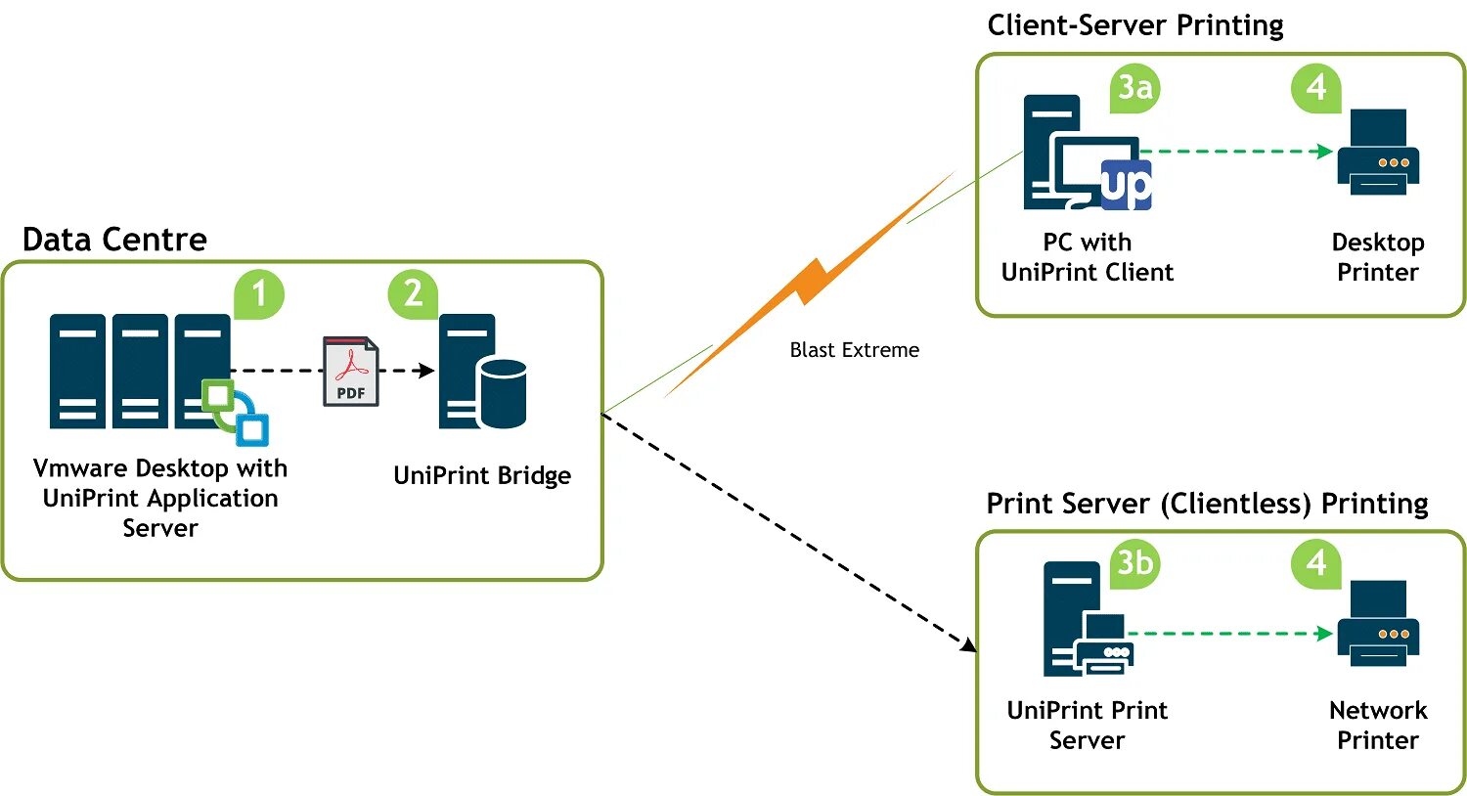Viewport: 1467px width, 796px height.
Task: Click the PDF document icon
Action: [x=351, y=372]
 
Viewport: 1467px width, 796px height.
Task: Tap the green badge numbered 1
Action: [x=259, y=294]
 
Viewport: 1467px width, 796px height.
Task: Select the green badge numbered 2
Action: [x=414, y=294]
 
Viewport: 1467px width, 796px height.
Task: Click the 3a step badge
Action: [x=1134, y=88]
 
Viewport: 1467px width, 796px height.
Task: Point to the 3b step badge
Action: [x=1134, y=563]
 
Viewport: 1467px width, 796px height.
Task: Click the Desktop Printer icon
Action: [x=1378, y=152]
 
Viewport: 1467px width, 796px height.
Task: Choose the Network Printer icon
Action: [x=1378, y=623]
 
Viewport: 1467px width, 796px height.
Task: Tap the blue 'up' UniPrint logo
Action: [x=1126, y=185]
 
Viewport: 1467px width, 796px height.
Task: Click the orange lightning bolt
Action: [x=810, y=285]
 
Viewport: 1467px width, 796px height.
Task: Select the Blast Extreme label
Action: [x=854, y=350]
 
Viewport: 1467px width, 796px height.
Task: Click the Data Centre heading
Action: [x=114, y=240]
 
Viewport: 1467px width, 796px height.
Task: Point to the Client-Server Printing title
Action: [x=1134, y=26]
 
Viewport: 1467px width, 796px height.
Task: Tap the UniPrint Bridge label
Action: [x=482, y=476]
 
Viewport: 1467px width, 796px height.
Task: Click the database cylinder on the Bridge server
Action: [x=503, y=394]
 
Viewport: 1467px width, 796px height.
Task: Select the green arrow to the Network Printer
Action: [x=1230, y=634]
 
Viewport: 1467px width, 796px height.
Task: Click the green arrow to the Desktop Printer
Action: [x=1236, y=152]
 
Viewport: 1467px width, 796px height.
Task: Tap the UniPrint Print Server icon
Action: [x=1088, y=619]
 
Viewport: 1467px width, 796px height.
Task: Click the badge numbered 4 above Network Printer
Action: [x=1315, y=563]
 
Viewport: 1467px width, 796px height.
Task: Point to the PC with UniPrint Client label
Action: [x=1088, y=257]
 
